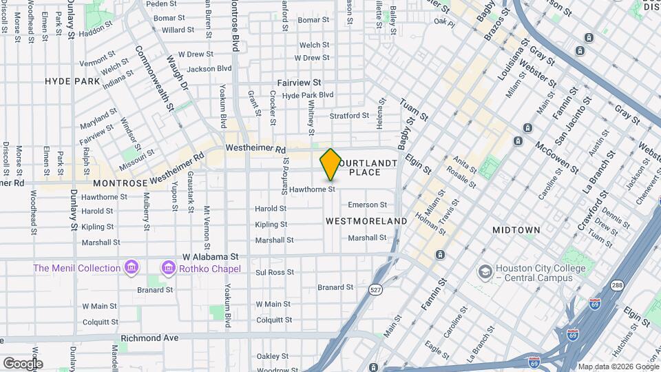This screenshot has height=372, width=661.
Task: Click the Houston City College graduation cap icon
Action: (486, 271)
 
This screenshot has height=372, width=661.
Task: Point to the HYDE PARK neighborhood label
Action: (73, 81)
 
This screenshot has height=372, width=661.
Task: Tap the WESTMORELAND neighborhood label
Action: (366, 221)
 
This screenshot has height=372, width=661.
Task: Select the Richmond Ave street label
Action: (149, 338)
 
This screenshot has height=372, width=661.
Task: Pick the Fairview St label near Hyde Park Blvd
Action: (300, 82)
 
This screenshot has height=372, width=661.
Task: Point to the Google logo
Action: (23, 363)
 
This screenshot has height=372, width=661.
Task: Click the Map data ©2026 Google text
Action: (618, 366)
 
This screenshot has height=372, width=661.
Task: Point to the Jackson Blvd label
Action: (209, 69)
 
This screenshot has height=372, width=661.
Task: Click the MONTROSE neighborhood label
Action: (120, 183)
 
